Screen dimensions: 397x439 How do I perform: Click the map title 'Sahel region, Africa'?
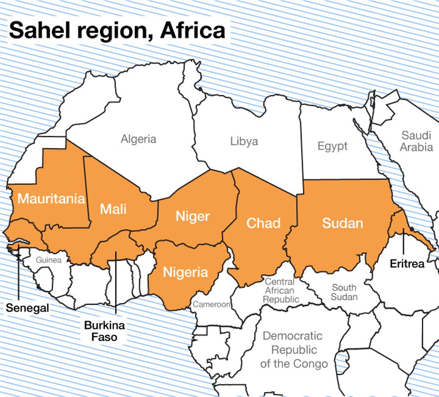click(x=117, y=31)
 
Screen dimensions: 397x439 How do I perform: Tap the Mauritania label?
click(x=51, y=198)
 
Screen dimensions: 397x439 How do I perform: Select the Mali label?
click(x=113, y=209)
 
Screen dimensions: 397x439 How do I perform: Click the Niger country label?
click(x=193, y=216)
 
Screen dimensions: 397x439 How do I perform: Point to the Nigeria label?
click(x=185, y=272)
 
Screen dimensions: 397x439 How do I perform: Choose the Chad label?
click(x=263, y=223)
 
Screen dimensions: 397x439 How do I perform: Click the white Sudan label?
click(x=343, y=223)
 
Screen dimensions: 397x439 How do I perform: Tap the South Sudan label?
click(x=344, y=292)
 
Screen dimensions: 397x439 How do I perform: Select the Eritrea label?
click(x=407, y=264)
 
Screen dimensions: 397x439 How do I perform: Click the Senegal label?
click(x=27, y=308)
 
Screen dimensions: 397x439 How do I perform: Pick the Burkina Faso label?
click(x=105, y=332)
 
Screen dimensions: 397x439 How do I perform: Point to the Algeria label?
click(x=139, y=139)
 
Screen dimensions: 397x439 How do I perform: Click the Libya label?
click(x=244, y=141)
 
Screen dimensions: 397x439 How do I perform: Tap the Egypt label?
click(x=332, y=146)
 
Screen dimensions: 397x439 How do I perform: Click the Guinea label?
click(x=49, y=260)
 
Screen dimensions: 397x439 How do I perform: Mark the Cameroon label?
click(x=212, y=304)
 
